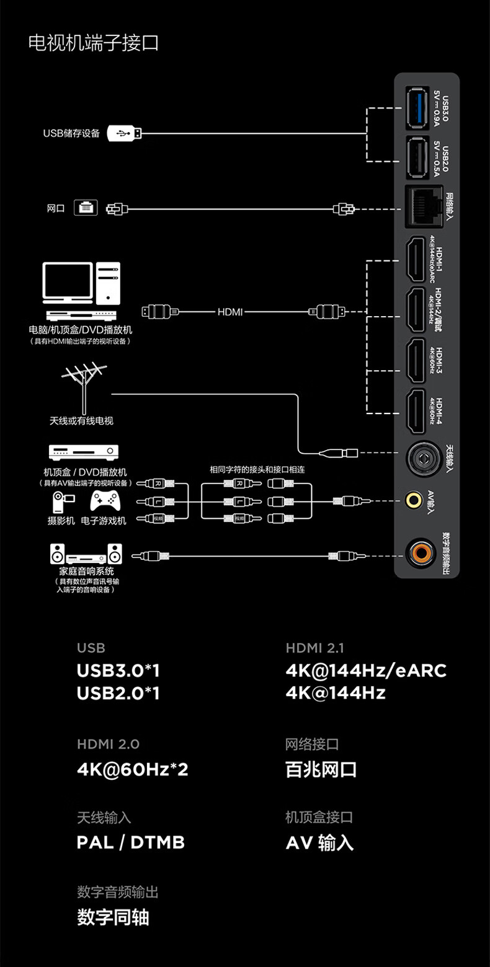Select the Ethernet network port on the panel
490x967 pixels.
[x=421, y=206]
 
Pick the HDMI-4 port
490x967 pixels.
[x=416, y=411]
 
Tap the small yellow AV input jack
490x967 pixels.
[x=412, y=498]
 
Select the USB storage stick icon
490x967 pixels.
[x=124, y=133]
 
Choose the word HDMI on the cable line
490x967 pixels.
[x=230, y=312]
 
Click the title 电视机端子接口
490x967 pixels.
[x=94, y=43]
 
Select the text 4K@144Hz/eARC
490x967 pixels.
[x=366, y=670]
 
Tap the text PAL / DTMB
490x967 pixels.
[x=131, y=842]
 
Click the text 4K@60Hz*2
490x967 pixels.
[x=132, y=769]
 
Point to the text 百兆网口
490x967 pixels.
[x=321, y=769]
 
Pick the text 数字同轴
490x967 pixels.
[x=113, y=917]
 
